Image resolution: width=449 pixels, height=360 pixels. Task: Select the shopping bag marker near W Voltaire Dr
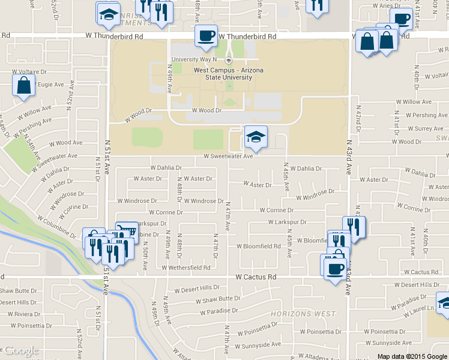(x=23, y=86)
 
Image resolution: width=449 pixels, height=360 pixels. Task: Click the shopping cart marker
(x=127, y=231)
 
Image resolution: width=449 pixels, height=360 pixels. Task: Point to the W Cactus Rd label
(x=256, y=277)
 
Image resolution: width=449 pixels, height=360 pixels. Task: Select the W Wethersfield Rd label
(x=187, y=268)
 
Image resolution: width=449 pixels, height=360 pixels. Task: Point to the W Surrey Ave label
(x=424, y=128)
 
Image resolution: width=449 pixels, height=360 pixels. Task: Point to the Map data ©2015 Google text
(x=412, y=356)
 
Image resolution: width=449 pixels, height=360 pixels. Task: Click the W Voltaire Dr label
(x=29, y=71)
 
